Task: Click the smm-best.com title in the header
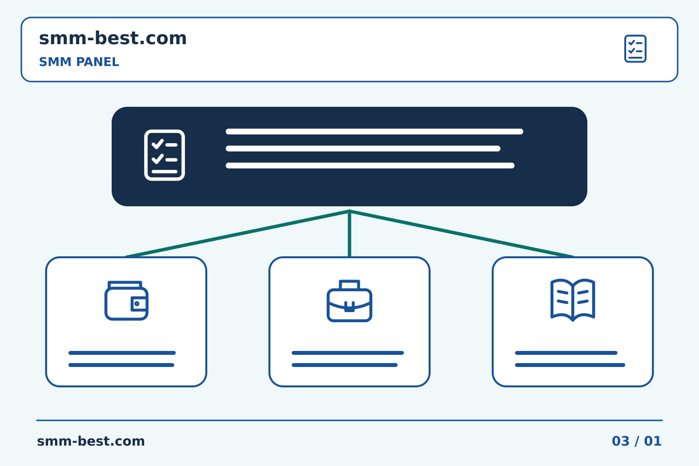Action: coord(113,38)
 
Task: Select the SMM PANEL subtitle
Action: coord(79,62)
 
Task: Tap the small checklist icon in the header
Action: coord(635,49)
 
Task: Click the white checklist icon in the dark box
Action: coord(165,155)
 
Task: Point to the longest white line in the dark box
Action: coord(374,132)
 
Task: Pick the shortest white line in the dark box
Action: coord(363,149)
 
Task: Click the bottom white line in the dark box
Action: coord(370,166)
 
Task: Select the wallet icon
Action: coord(126,300)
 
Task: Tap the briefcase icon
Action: coord(349,301)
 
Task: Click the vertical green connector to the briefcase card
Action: coord(349,233)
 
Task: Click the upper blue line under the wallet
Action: coord(122,353)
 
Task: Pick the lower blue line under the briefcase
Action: coord(345,365)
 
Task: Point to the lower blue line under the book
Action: coord(570,365)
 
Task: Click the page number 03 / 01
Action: coord(636,441)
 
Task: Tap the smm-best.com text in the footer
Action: coord(91,441)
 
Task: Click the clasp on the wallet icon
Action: coord(138,304)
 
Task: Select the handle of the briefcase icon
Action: coord(349,284)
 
